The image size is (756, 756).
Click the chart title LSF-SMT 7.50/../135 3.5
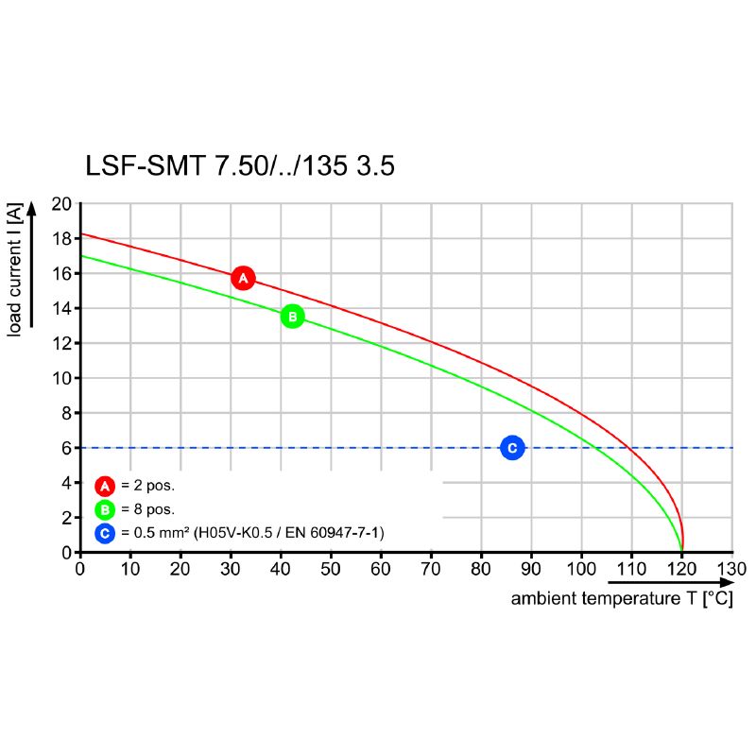click(239, 167)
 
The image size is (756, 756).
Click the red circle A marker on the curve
click(243, 278)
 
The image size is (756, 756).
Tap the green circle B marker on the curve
click(292, 317)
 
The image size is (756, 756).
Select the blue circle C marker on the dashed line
click(511, 448)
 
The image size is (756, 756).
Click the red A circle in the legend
click(105, 487)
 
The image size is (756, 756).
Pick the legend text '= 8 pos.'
click(148, 510)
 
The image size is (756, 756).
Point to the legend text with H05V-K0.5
click(252, 534)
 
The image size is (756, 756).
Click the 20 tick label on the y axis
click(62, 203)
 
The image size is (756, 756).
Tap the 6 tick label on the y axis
click(67, 448)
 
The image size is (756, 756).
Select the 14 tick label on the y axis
click(62, 308)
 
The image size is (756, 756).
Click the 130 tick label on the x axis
click(731, 569)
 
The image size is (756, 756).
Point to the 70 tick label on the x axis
click(431, 569)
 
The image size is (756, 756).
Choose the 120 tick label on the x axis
click(681, 569)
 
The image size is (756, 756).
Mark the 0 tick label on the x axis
click(80, 569)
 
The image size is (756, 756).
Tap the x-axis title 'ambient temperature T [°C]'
click(621, 599)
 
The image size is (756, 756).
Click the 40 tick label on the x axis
click(281, 569)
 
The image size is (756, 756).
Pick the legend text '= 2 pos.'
click(148, 487)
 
